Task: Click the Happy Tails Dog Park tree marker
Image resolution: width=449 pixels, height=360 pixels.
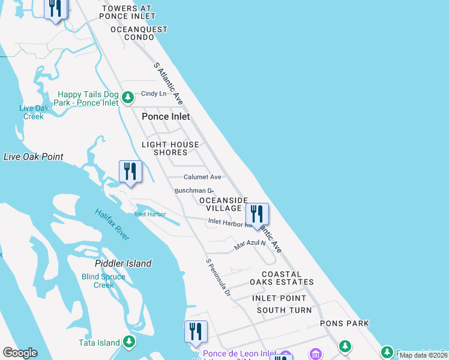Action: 127,97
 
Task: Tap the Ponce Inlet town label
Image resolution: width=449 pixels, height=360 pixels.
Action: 166,117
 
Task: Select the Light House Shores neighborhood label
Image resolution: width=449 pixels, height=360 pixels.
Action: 170,148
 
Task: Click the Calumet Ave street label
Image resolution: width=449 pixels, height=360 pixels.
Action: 202,177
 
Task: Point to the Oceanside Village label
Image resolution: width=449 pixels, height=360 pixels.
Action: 223,204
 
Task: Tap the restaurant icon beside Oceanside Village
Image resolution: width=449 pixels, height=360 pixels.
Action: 257,214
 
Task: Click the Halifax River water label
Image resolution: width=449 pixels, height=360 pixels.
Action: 112,224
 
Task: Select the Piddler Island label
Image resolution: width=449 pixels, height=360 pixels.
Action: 123,263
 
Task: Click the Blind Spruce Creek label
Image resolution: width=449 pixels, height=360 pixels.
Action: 103,281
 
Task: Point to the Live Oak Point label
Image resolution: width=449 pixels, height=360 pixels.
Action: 34,157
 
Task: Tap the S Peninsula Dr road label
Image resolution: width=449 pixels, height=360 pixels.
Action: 218,277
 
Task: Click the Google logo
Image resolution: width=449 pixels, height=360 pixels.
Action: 20,353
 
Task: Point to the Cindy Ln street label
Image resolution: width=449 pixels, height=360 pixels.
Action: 153,94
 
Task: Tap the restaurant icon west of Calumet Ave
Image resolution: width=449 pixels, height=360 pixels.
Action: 130,172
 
